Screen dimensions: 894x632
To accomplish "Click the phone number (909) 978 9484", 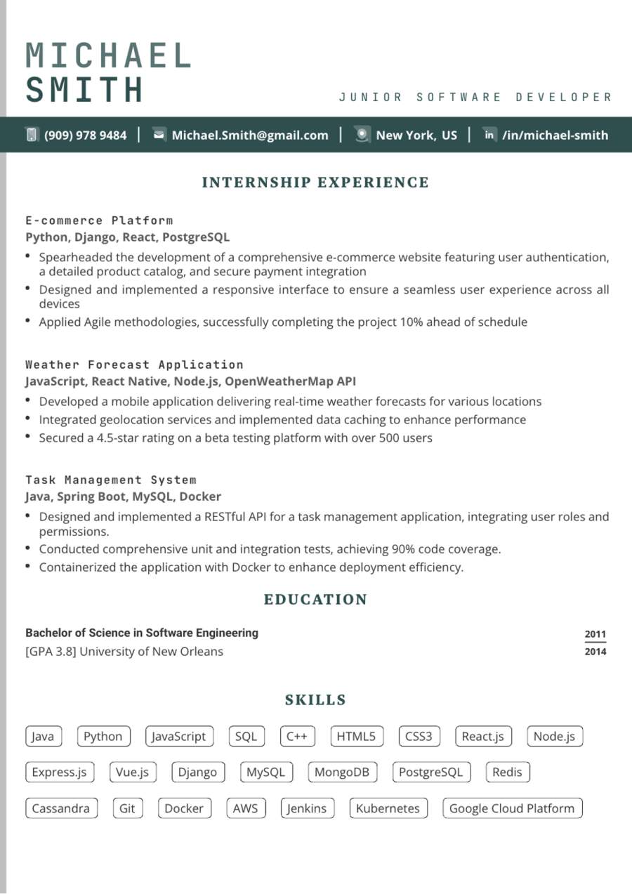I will click(x=85, y=136).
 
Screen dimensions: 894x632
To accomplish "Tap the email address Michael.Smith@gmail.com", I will click(x=250, y=136).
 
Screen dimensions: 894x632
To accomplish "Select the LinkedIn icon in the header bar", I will click(x=489, y=135).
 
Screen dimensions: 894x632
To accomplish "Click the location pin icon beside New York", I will click(x=362, y=135).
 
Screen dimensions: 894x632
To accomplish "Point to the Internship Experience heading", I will click(x=315, y=183).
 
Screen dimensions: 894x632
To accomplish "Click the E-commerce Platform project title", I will click(x=99, y=221).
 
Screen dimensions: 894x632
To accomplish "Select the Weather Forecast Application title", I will click(x=134, y=364).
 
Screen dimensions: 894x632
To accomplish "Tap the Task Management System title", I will click(x=111, y=480).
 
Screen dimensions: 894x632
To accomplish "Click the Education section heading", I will click(x=315, y=600).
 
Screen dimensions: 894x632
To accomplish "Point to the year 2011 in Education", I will click(x=595, y=634).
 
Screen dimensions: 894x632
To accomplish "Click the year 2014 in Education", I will click(x=595, y=652).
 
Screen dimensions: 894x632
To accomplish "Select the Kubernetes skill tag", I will click(x=388, y=808).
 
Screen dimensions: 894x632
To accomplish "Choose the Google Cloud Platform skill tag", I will click(x=512, y=808).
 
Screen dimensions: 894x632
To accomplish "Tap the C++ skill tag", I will click(x=297, y=737).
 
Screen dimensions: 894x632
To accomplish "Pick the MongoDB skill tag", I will click(x=342, y=773).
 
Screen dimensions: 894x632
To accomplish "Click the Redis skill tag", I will click(x=507, y=773).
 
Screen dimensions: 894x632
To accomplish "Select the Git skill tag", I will click(x=127, y=808).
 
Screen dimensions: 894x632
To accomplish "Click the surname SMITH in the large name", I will click(x=84, y=90).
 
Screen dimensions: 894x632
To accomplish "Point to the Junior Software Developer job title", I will click(x=475, y=97).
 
